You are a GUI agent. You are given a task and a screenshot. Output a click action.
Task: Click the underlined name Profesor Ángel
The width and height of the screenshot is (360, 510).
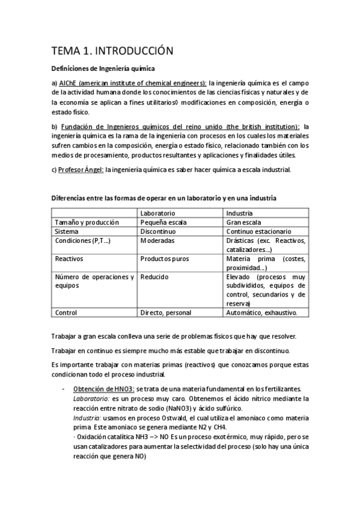(81, 170)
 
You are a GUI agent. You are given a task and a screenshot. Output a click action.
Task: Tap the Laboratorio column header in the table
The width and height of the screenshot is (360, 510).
(157, 213)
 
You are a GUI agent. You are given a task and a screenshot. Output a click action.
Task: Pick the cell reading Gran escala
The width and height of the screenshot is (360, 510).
(243, 222)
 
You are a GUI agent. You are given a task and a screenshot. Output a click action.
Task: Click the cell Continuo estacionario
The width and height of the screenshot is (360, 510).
(258, 231)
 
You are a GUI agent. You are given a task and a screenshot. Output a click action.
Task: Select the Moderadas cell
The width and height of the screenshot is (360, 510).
(157, 240)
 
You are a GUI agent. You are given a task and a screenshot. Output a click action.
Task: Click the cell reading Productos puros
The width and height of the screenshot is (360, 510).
(164, 259)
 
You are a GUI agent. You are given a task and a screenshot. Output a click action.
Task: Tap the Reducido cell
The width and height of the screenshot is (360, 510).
(154, 277)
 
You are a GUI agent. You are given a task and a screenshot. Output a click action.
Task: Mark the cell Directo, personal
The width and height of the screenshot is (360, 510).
(165, 313)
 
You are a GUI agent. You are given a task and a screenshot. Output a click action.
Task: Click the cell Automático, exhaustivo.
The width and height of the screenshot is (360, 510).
(266, 313)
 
